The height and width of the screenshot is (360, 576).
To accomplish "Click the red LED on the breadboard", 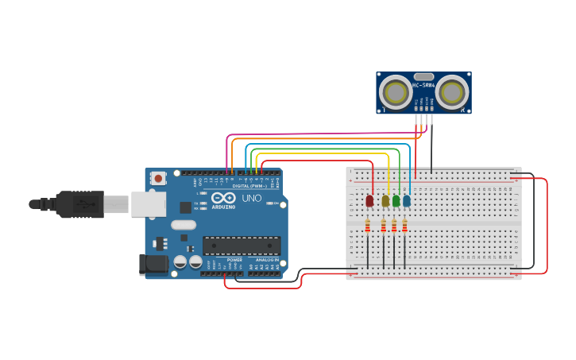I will coord(369,201).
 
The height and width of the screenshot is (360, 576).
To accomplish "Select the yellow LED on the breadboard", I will coord(385,201).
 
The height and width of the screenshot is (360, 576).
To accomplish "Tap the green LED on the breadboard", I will coord(396,201).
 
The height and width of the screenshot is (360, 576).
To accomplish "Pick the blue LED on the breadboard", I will coord(407,201).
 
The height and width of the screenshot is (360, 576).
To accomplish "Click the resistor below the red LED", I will coord(368,226).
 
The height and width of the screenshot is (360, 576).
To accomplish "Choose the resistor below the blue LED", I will coord(404,226).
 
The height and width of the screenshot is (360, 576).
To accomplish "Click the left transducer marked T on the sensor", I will coord(396,92).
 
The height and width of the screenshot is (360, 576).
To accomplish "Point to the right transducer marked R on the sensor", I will coord(451,92).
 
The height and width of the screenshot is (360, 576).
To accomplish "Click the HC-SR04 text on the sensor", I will coord(423,85).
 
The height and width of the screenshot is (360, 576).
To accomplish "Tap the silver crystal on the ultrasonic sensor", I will coord(423,76).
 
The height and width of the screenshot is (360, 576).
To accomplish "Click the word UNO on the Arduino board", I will coord(251,198).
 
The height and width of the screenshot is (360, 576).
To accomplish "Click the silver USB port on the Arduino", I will coord(149,204).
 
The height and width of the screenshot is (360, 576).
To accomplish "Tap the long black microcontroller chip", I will coord(242,246).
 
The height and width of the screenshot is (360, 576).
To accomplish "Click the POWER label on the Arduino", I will coord(234,260).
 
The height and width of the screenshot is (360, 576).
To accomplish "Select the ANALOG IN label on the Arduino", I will coord(266,260).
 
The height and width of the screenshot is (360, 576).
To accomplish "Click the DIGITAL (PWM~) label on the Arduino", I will coord(249,186).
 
